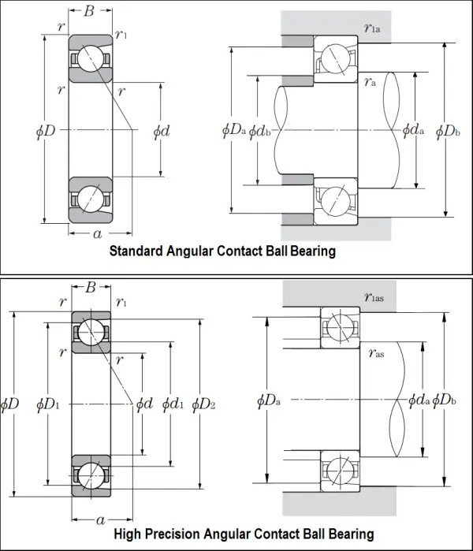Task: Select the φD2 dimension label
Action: pos(203,404)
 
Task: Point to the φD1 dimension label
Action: pos(47,404)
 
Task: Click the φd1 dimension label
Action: pos(173,404)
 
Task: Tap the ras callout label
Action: pos(377,354)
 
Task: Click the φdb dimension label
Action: pos(261,132)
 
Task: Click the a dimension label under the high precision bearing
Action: pos(101,521)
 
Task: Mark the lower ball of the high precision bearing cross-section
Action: pos(91,473)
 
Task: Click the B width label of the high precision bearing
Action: pos(91,288)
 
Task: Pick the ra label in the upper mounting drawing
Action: pos(370,80)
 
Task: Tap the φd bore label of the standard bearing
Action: pos(161,131)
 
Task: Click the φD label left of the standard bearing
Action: pos(46,131)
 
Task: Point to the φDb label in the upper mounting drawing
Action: pos(447,131)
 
